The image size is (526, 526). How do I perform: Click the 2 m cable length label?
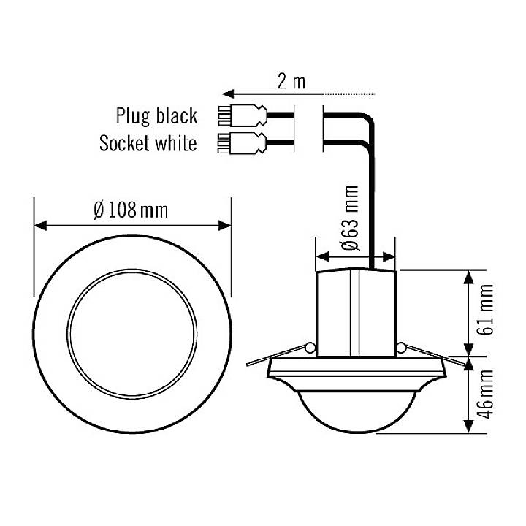click(291, 81)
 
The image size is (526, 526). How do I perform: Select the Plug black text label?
click(156, 115)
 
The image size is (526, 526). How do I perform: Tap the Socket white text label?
click(148, 142)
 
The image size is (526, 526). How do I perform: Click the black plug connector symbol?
click(240, 115)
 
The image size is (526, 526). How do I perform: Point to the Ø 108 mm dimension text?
click(131, 210)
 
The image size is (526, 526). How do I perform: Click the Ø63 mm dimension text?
click(351, 218)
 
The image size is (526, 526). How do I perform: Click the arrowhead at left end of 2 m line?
click(229, 94)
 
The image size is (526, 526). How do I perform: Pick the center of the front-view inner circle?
click(132, 326)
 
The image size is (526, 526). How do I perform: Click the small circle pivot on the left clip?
click(310, 348)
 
